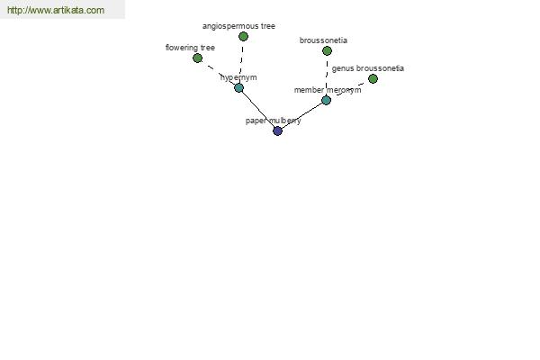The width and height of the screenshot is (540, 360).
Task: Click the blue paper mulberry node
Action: (x=277, y=130)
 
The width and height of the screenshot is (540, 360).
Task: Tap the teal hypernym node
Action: (x=239, y=88)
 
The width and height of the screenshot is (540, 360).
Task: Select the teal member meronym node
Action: (x=326, y=100)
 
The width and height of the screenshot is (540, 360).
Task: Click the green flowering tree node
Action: (x=197, y=58)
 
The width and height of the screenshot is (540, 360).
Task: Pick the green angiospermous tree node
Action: (x=244, y=36)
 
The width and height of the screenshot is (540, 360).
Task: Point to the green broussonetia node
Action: (x=328, y=51)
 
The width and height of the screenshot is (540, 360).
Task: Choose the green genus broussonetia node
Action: (x=373, y=79)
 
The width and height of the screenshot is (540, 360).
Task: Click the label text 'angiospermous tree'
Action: (x=238, y=26)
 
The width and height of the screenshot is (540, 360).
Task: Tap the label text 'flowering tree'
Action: (x=190, y=48)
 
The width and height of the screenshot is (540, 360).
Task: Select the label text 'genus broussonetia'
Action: (x=368, y=68)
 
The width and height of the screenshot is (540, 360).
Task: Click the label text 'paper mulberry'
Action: (x=273, y=121)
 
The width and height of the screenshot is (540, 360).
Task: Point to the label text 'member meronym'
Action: (x=328, y=90)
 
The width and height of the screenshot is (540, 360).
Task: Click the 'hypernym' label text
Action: (x=238, y=77)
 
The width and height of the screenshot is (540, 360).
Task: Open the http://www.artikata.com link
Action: (x=56, y=10)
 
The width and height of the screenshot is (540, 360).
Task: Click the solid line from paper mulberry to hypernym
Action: (x=258, y=110)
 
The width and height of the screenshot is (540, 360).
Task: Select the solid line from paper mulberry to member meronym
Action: (x=301, y=116)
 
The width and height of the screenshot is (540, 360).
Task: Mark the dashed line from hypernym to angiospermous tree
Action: (x=241, y=62)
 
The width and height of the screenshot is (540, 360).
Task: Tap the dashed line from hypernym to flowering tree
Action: (x=218, y=73)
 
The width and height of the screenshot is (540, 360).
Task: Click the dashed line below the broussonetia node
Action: (x=327, y=76)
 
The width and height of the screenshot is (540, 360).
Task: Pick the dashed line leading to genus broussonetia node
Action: (x=349, y=90)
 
